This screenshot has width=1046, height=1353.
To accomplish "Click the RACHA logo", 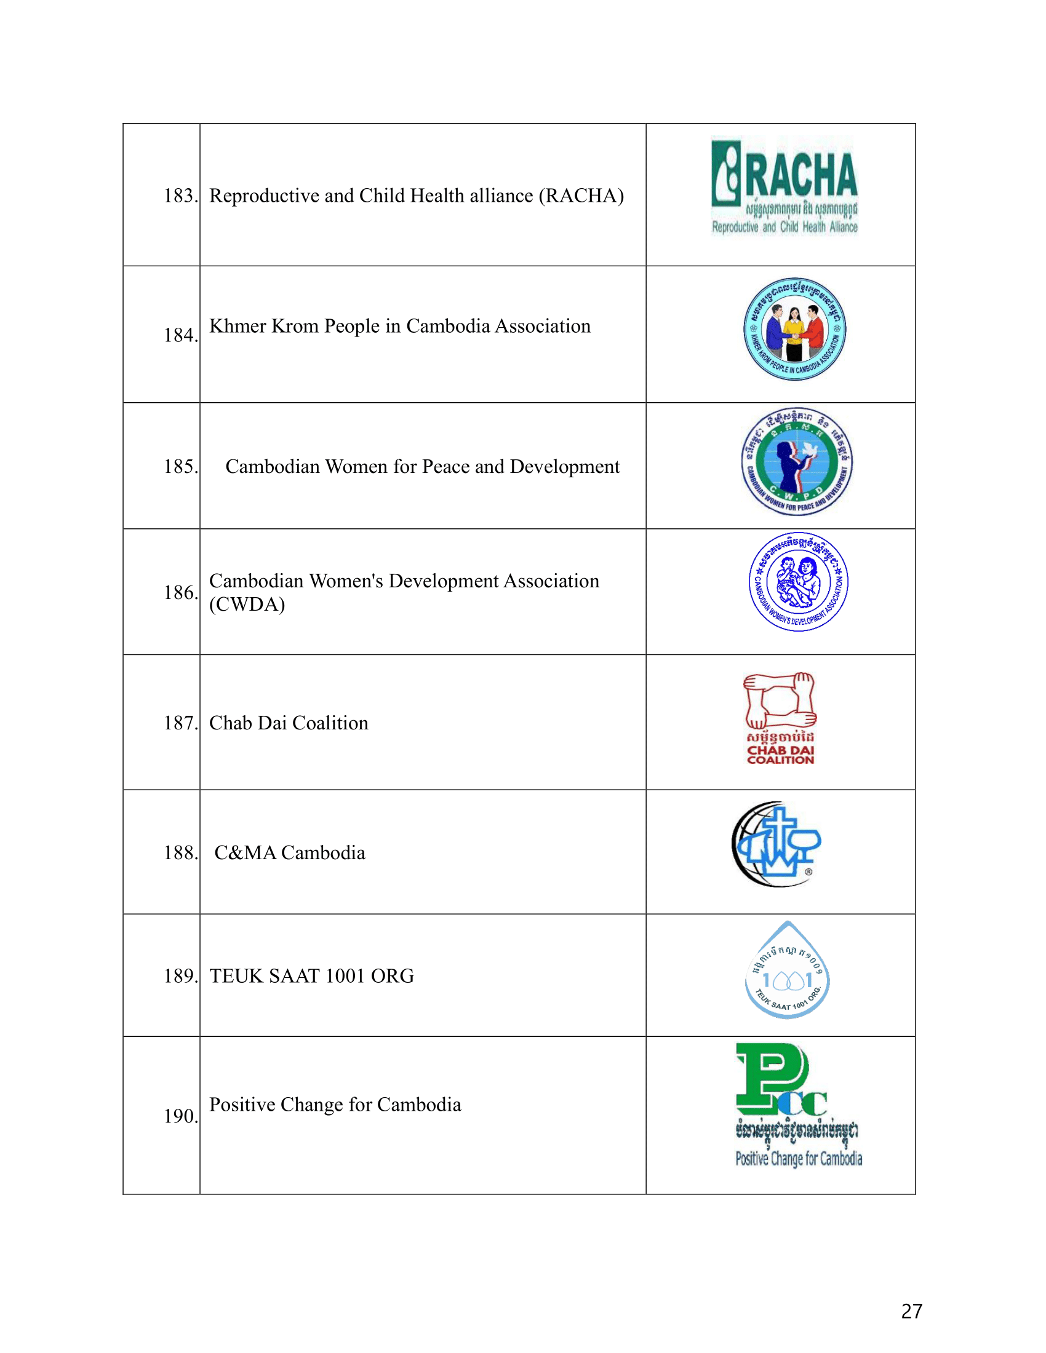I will click(x=784, y=186).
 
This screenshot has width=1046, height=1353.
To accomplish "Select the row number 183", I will click(x=180, y=196).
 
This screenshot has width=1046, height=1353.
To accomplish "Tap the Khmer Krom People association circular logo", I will click(x=794, y=329).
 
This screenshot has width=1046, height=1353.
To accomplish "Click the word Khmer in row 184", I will click(x=238, y=326).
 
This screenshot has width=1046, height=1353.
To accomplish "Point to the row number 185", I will click(x=180, y=467).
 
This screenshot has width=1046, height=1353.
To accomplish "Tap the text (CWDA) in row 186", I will click(x=247, y=604).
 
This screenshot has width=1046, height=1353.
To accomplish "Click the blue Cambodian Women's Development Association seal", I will click(x=798, y=582).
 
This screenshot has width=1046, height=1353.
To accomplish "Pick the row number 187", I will click(x=180, y=723).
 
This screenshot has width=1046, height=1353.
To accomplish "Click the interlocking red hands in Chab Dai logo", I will click(x=780, y=700).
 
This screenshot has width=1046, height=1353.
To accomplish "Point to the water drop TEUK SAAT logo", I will click(x=787, y=971).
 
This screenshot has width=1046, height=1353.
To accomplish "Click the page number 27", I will click(x=911, y=1312).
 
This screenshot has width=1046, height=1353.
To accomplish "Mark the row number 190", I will click(x=180, y=1116).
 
